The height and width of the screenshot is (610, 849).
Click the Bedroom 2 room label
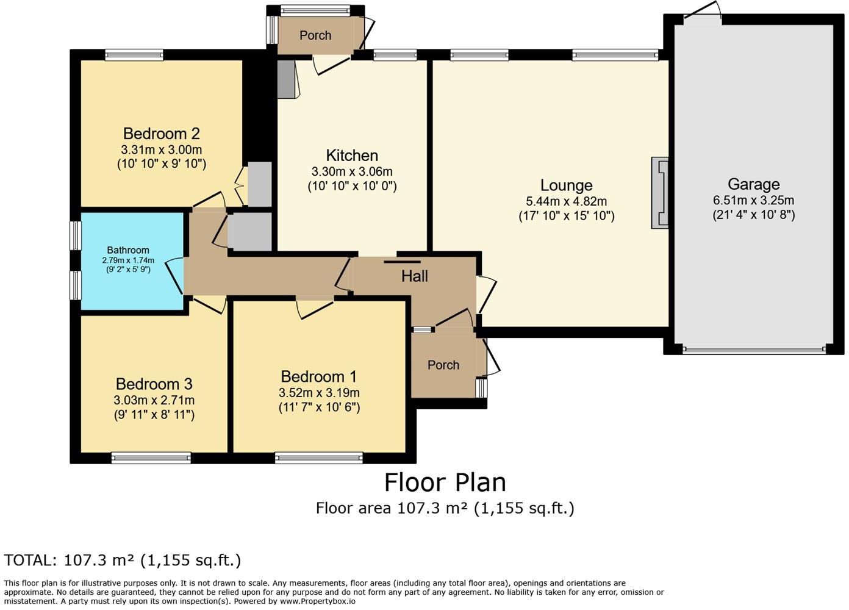coord(161,134)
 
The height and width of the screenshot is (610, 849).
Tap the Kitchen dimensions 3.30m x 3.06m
coord(352,172)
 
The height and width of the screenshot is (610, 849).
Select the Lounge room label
coord(566,185)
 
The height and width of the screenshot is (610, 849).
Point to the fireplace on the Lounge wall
coord(660,192)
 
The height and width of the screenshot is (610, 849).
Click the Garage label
coord(753,184)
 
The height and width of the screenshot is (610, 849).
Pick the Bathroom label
coord(128,250)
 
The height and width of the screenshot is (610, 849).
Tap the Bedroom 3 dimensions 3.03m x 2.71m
coord(154,401)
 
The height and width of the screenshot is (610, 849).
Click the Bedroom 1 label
coord(318,377)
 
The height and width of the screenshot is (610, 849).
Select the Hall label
coord(414,276)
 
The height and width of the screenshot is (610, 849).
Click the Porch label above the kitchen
coord(315,35)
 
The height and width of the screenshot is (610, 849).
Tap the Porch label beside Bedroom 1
coord(443,365)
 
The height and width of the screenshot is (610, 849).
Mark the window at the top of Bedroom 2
coord(134,55)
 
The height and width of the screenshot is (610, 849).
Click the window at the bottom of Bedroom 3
coord(151,457)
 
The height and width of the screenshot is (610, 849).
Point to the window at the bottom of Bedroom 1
coord(319,457)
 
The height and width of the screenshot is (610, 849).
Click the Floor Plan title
coord(445,483)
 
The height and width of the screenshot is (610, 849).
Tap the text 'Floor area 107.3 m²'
coord(391,508)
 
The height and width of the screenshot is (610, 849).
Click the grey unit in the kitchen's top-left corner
coord(285,79)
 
